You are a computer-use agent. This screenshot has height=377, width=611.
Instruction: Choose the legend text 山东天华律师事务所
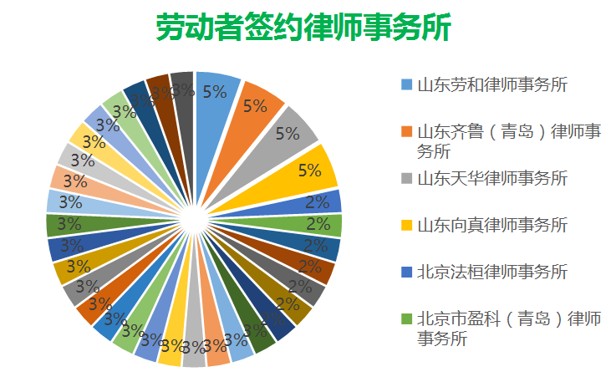(x=492, y=178)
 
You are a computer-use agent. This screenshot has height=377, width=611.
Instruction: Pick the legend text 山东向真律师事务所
(x=492, y=225)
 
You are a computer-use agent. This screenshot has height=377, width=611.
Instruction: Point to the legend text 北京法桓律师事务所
(x=492, y=272)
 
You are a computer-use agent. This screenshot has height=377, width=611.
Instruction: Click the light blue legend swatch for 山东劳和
(x=406, y=85)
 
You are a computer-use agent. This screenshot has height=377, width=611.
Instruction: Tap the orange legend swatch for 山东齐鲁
(x=406, y=132)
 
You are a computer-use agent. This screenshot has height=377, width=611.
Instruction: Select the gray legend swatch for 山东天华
(x=406, y=179)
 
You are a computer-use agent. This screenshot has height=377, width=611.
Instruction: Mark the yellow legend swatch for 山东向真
(x=406, y=226)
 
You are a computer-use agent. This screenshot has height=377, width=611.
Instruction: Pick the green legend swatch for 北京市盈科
(x=406, y=319)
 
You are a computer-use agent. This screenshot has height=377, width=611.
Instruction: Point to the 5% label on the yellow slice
(x=310, y=171)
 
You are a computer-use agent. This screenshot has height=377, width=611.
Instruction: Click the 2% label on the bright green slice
(x=317, y=224)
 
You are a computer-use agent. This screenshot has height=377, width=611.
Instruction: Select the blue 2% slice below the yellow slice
(x=322, y=201)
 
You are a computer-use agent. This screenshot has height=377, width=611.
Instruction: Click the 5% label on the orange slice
(x=254, y=106)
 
